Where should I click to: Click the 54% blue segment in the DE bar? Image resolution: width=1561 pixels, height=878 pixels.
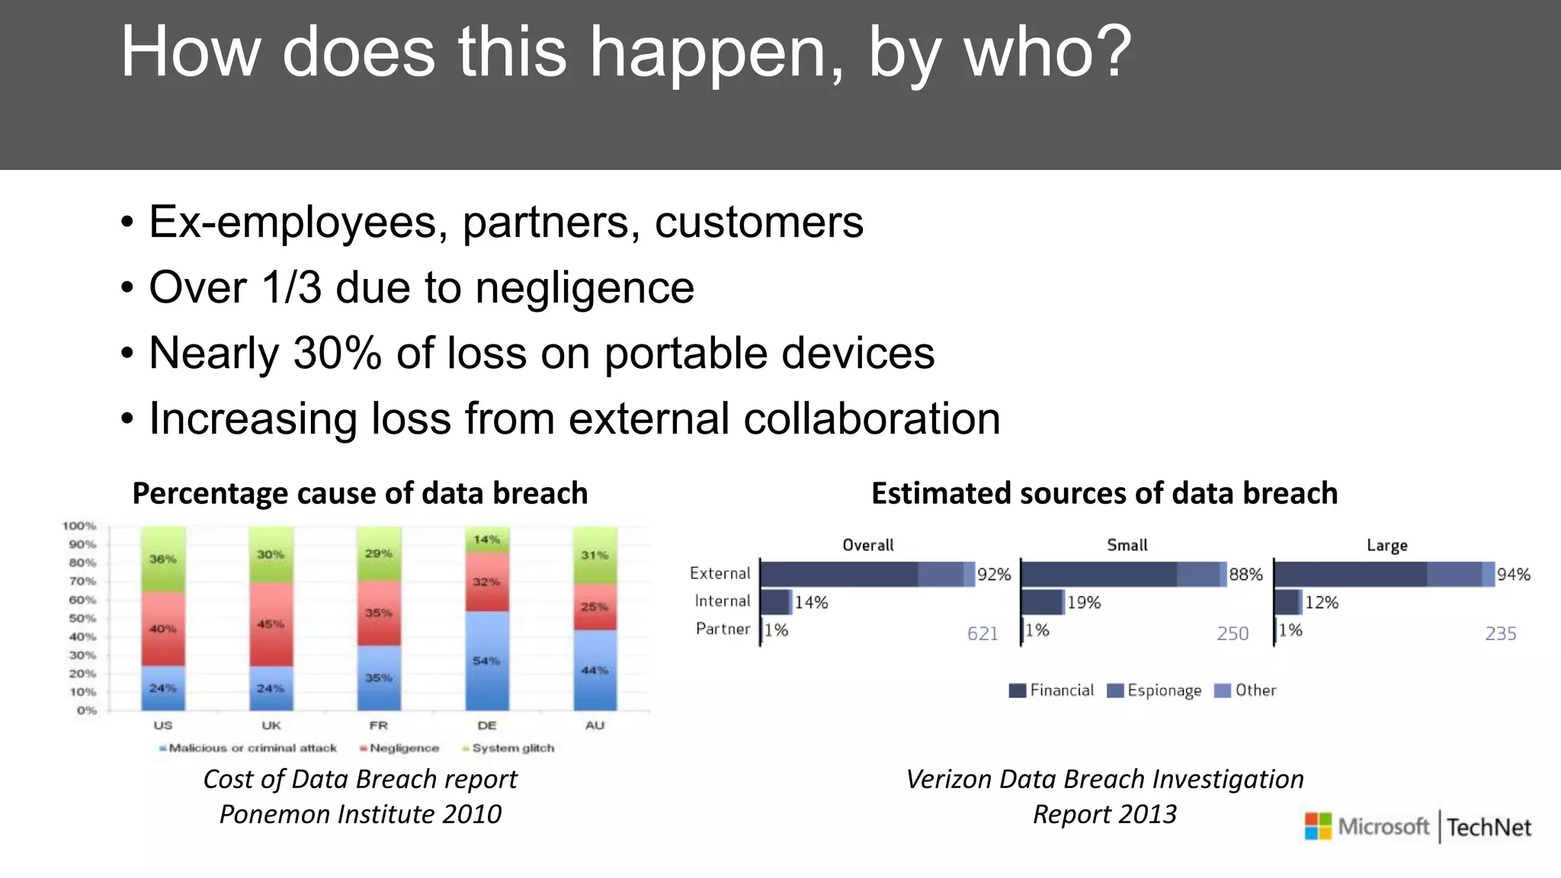(486, 660)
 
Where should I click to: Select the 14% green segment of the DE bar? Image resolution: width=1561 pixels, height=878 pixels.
(486, 540)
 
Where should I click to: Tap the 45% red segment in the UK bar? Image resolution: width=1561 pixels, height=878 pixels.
(271, 624)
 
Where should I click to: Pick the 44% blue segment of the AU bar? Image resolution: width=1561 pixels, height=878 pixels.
(595, 670)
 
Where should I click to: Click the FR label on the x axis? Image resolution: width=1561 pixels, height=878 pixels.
(379, 726)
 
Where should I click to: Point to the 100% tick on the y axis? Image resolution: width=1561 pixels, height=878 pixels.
(79, 526)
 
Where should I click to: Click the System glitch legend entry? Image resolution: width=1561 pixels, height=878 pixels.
(508, 748)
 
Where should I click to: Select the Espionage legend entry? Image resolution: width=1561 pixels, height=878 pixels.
(1155, 691)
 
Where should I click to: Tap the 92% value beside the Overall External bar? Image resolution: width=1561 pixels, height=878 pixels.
(994, 575)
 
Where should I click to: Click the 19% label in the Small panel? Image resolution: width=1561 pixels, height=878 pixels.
(1084, 603)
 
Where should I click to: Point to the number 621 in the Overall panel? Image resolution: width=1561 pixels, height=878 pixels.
(982, 633)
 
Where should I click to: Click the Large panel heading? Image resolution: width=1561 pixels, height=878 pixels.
(1386, 546)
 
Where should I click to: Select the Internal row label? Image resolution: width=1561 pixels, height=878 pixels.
(722, 601)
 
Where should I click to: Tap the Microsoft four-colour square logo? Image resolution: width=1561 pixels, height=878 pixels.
(1317, 826)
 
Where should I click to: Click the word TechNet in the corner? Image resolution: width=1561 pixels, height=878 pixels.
(1489, 828)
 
